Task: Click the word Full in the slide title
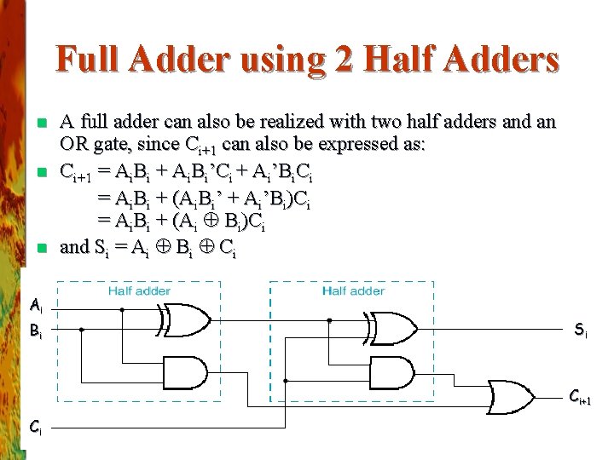coord(85,60)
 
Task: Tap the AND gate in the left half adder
coord(188,371)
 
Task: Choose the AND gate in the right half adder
coord(395,371)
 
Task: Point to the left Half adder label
coord(139,291)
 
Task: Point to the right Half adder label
coord(353,291)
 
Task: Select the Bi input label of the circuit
coord(35,331)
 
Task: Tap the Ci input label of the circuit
coord(35,426)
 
